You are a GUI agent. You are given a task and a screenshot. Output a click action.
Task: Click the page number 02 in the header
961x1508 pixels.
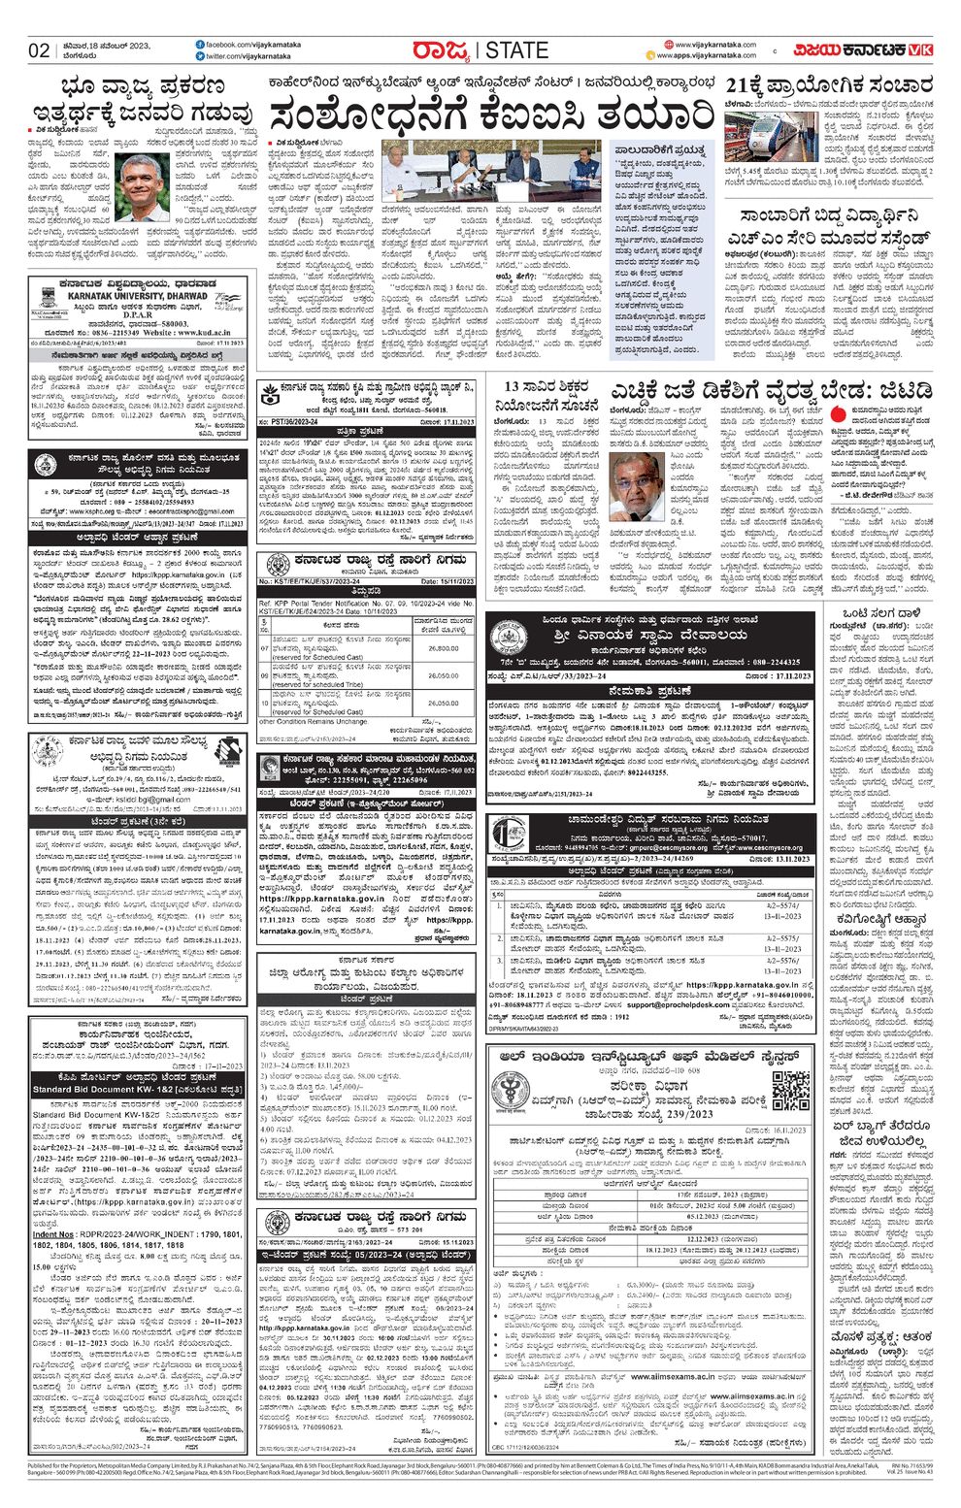39,51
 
